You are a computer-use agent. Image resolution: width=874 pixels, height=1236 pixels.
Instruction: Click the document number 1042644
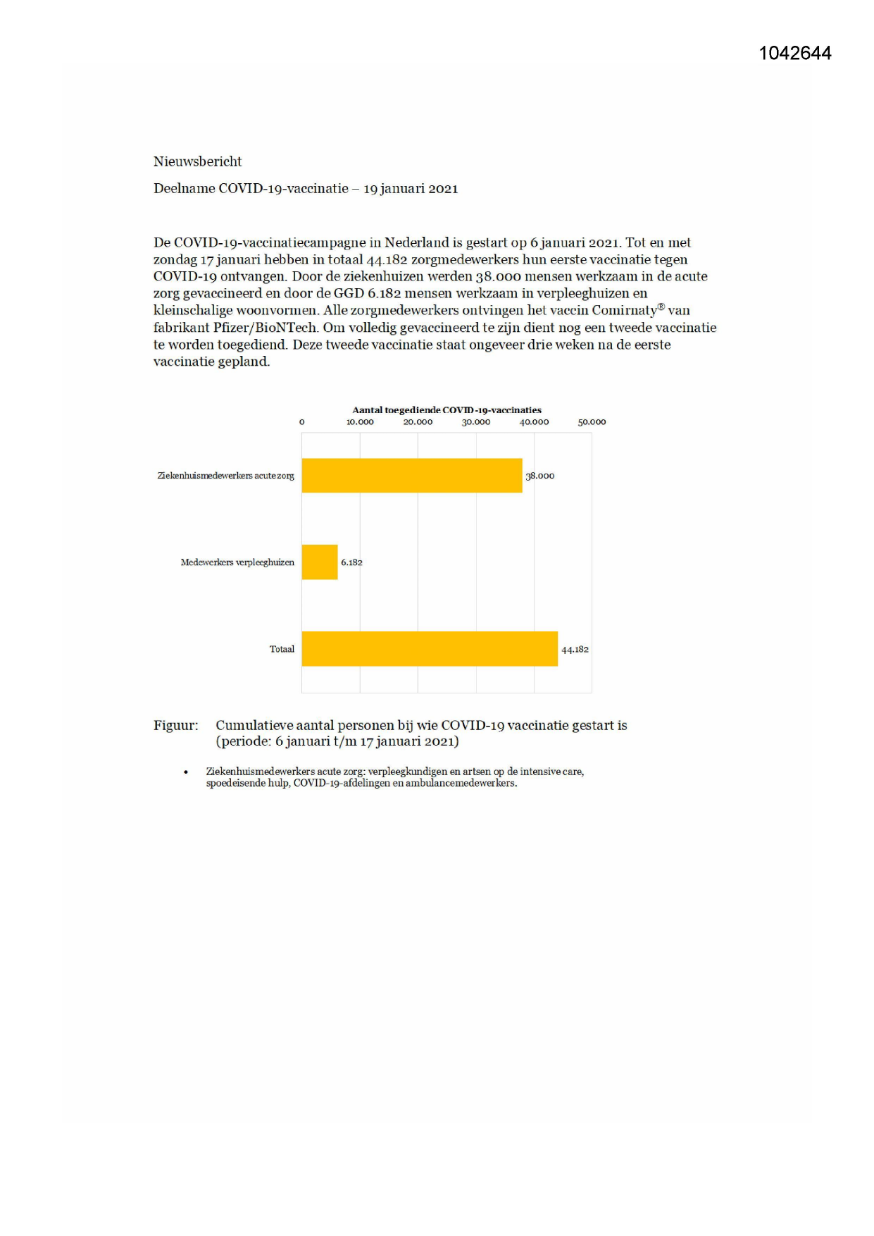point(794,54)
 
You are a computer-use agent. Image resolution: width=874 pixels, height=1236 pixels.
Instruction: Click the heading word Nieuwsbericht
point(197,161)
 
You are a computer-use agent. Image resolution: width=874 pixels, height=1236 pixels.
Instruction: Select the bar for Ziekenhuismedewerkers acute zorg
point(412,476)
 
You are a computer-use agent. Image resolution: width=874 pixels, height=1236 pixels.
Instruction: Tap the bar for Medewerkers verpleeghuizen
point(320,562)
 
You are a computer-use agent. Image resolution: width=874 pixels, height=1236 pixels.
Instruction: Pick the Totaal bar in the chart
point(430,649)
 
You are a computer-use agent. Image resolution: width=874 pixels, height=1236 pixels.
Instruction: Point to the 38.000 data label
point(540,476)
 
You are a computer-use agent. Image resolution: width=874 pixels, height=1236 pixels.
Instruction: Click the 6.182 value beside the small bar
point(351,562)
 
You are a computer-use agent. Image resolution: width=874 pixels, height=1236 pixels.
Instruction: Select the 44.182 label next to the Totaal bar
point(575,649)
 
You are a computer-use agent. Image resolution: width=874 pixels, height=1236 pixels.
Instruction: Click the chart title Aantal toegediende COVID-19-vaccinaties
point(447,409)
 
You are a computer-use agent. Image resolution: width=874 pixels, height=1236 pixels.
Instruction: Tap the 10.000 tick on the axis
point(360,422)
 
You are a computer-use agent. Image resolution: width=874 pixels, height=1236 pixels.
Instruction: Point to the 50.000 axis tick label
point(592,422)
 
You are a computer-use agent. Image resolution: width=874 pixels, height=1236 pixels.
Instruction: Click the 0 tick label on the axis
point(302,422)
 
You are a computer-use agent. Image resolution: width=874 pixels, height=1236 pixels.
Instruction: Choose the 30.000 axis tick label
point(476,422)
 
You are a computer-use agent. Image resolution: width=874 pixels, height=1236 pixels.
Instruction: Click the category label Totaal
point(282,649)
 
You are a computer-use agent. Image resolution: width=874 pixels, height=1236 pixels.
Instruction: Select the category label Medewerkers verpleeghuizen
point(237,562)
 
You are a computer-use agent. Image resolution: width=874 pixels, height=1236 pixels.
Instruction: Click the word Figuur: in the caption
point(176,725)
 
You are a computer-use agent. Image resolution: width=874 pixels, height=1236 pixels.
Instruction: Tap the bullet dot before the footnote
point(186,772)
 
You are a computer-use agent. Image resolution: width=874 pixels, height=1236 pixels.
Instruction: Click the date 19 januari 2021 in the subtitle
point(411,189)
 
